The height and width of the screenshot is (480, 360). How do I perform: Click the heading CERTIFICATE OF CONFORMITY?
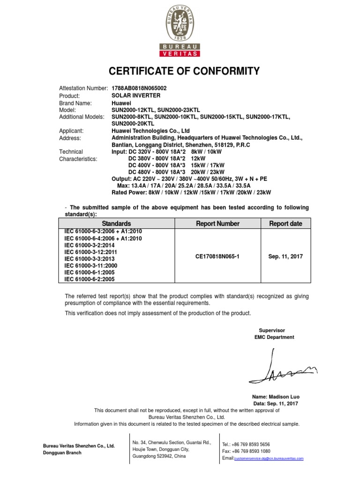coord(184,71)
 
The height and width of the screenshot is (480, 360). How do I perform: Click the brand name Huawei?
coord(121,103)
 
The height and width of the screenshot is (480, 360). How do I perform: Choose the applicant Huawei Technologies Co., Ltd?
coord(150,131)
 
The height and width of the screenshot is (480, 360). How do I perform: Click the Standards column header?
coord(117,224)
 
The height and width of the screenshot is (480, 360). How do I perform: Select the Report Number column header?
coord(218,224)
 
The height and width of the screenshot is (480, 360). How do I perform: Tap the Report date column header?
coord(285,224)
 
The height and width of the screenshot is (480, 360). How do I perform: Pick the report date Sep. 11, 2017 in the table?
coord(285,256)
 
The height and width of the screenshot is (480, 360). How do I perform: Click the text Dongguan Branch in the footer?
coord(62,453)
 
